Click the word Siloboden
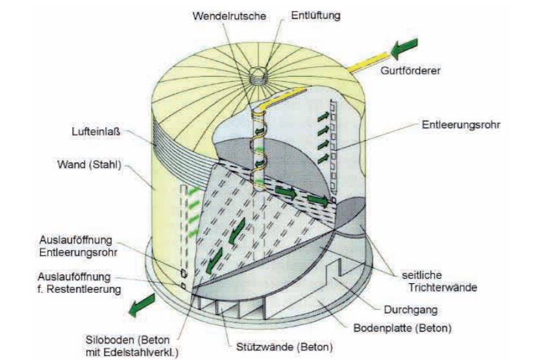pyautogui.click(x=119, y=339)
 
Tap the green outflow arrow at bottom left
pyautogui.click(x=145, y=307)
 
